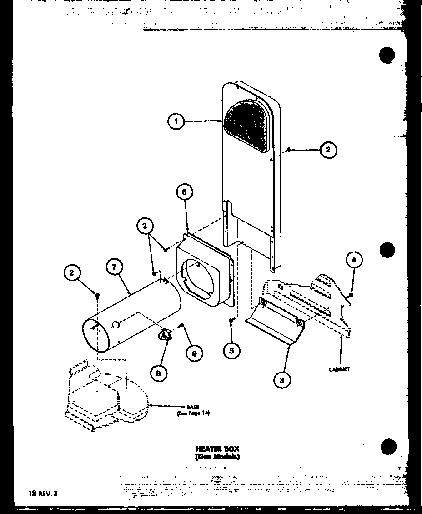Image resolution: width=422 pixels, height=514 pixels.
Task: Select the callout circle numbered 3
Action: coord(282,379)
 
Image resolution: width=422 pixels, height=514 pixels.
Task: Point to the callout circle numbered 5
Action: coord(232,350)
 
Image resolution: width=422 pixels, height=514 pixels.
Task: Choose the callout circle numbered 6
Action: coord(184,192)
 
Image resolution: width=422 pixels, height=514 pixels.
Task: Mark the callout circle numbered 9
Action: coord(194,353)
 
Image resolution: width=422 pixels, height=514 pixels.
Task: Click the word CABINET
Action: coord(339,369)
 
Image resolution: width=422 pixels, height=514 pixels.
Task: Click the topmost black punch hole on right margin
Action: coord(387,55)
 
